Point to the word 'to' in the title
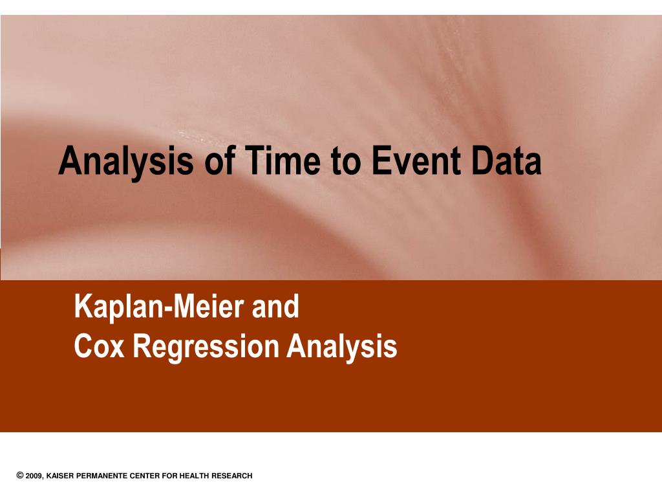click(x=346, y=161)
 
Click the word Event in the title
click(x=416, y=160)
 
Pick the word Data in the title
click(x=506, y=160)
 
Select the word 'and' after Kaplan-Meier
click(x=275, y=306)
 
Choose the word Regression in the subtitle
click(x=206, y=348)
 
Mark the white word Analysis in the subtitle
click(x=342, y=348)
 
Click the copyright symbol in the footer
click(x=20, y=476)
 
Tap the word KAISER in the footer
click(x=60, y=476)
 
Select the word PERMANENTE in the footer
click(x=101, y=476)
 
